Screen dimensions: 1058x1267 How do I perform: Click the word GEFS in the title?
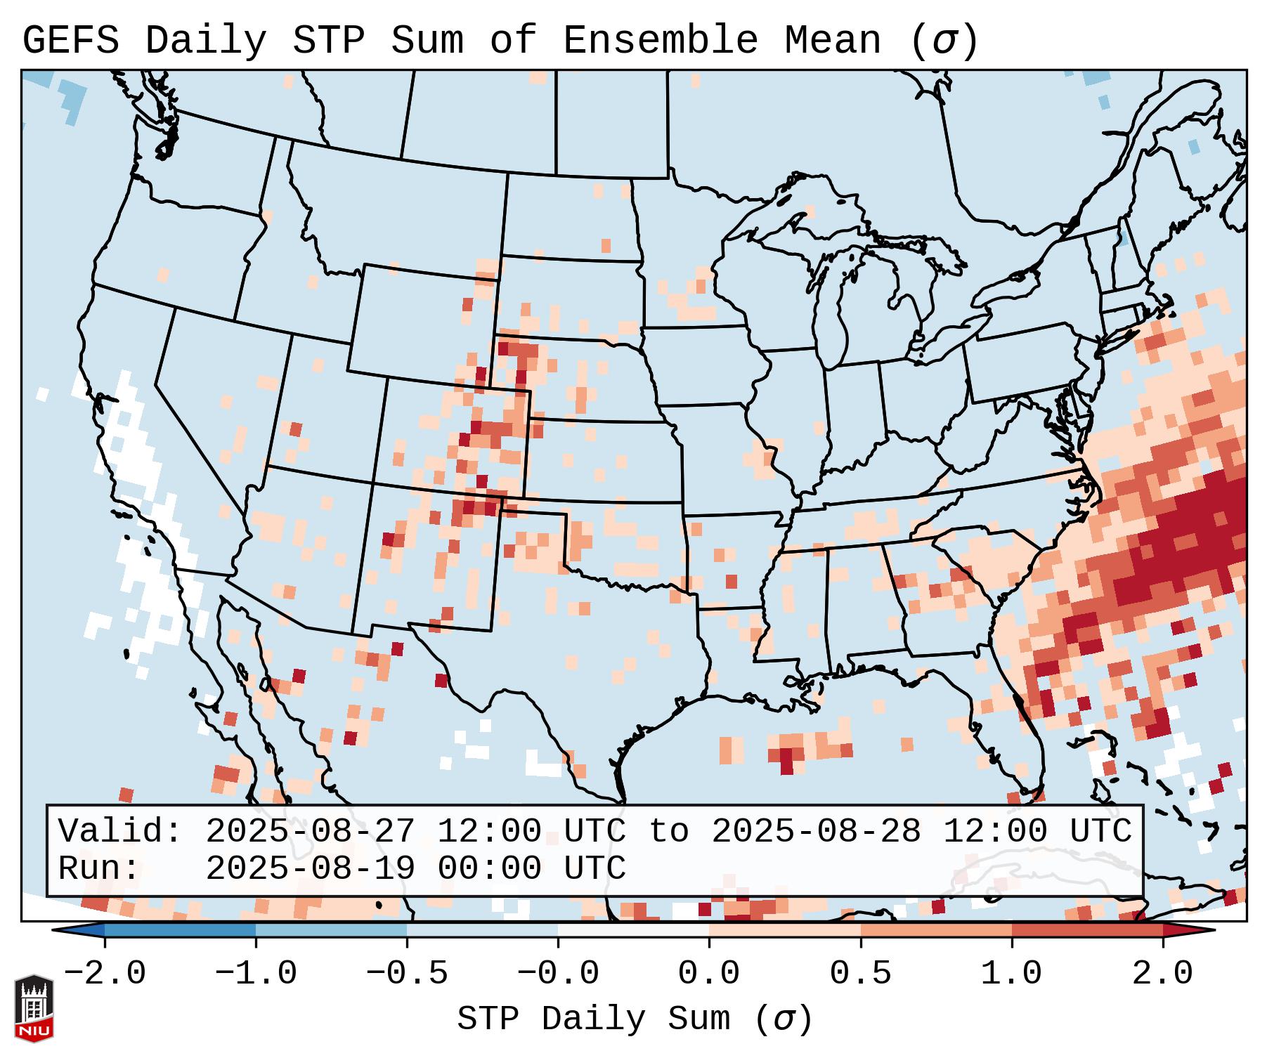(70, 41)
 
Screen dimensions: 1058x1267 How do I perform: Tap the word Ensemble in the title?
(660, 41)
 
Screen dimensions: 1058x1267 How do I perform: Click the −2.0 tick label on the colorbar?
(105, 974)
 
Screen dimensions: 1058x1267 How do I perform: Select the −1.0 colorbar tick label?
(256, 974)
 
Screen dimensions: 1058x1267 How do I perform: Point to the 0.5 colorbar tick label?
(860, 974)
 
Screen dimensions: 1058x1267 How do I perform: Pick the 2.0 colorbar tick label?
(1162, 974)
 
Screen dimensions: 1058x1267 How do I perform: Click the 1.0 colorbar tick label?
(1011, 974)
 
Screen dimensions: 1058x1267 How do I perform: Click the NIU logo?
(34, 1008)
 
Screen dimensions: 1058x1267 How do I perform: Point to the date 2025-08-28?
(816, 831)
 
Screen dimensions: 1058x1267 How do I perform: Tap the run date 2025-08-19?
(310, 868)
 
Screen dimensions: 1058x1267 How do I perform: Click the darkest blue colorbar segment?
(180, 930)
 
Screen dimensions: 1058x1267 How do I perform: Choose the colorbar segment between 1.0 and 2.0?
(1087, 930)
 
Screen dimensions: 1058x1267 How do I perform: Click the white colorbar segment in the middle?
(633, 930)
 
